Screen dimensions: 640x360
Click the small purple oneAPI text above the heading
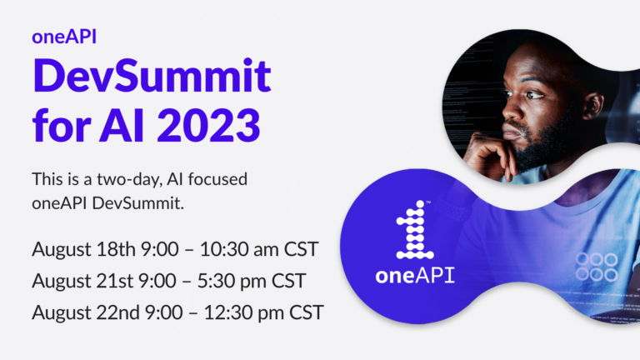[64, 37]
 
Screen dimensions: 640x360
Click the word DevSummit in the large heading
[152, 76]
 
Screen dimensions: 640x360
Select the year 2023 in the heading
[208, 125]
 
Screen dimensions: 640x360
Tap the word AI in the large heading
[122, 125]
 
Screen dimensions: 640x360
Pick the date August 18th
[83, 249]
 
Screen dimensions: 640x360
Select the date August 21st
[82, 281]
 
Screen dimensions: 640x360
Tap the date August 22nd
[86, 312]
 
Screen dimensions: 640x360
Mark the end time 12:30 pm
[243, 313]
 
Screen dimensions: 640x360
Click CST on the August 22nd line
[307, 312]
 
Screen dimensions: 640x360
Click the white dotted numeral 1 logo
[415, 230]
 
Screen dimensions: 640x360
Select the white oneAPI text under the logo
[415, 276]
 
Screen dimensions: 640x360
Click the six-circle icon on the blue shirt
[597, 267]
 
